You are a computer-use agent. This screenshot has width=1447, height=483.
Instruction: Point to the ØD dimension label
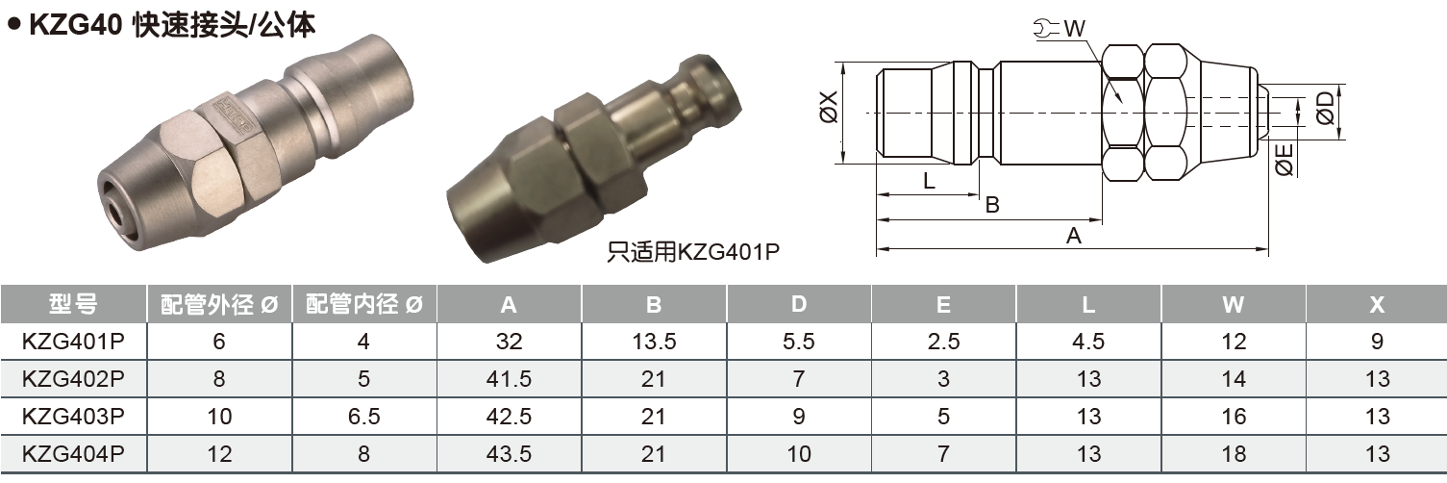point(1326,109)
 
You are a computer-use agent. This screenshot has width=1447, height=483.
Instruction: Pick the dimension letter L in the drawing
point(929,181)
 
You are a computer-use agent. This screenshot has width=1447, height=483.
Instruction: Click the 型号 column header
point(73,305)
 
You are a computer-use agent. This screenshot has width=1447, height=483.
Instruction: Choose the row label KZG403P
point(73,417)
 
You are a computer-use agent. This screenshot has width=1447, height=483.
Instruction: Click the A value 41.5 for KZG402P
point(509,379)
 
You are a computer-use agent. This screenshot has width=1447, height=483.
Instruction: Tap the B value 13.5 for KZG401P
point(654,342)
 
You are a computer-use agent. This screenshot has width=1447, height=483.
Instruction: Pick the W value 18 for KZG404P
point(1233,454)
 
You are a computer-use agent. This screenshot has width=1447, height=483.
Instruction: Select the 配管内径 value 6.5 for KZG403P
point(363,417)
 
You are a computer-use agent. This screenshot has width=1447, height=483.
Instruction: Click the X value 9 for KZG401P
point(1377,342)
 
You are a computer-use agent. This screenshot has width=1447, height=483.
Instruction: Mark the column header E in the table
point(943,305)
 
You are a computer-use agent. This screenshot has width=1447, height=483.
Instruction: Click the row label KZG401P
point(73,342)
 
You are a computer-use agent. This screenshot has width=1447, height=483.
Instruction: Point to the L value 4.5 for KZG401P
point(1088,342)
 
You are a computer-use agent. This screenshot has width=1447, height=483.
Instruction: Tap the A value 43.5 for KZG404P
point(509,454)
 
